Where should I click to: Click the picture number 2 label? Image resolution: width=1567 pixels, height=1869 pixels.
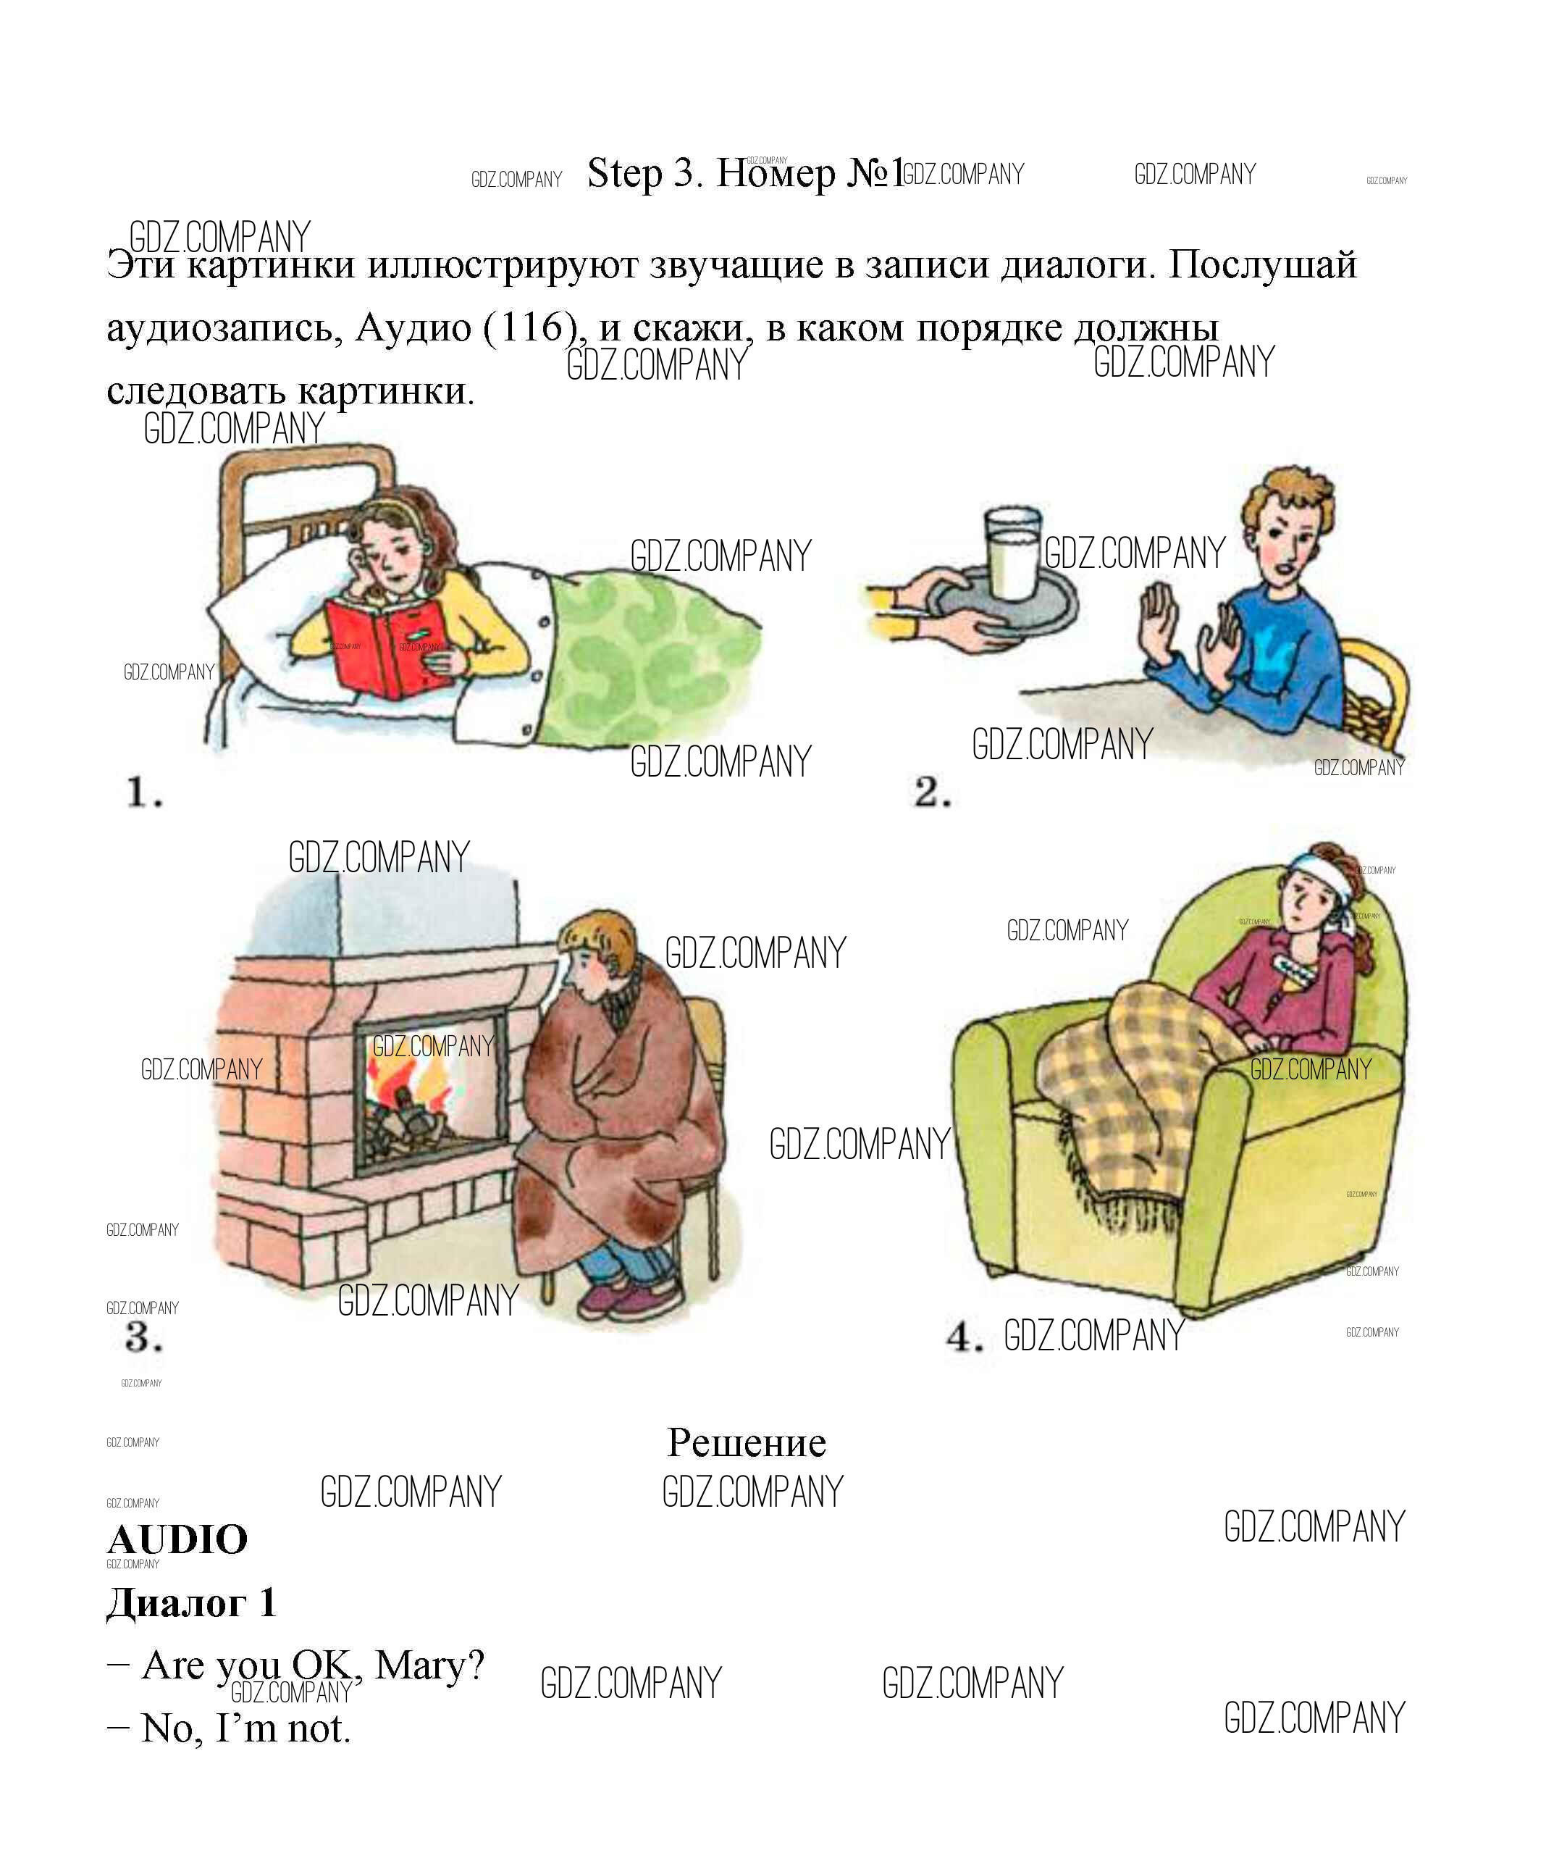[x=933, y=791]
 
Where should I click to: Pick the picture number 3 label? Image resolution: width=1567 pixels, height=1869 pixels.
[x=143, y=1336]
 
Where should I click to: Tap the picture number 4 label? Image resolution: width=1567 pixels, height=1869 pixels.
[x=965, y=1336]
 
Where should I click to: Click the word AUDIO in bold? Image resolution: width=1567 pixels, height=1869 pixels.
[x=177, y=1539]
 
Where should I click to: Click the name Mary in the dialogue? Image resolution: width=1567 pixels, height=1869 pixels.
[x=430, y=1664]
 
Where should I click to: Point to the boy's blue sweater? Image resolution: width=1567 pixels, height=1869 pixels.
[x=1264, y=654]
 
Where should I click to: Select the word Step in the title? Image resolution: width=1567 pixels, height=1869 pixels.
[x=625, y=174]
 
